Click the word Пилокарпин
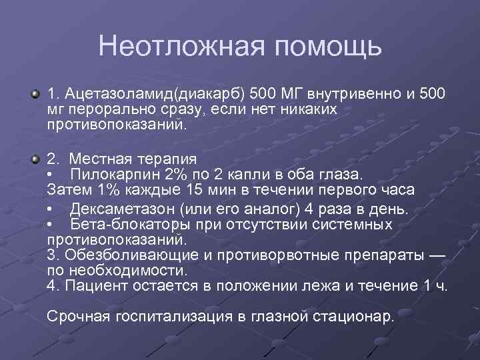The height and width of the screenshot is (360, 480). tap(106, 175)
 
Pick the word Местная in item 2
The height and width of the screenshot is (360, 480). tap(97, 160)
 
